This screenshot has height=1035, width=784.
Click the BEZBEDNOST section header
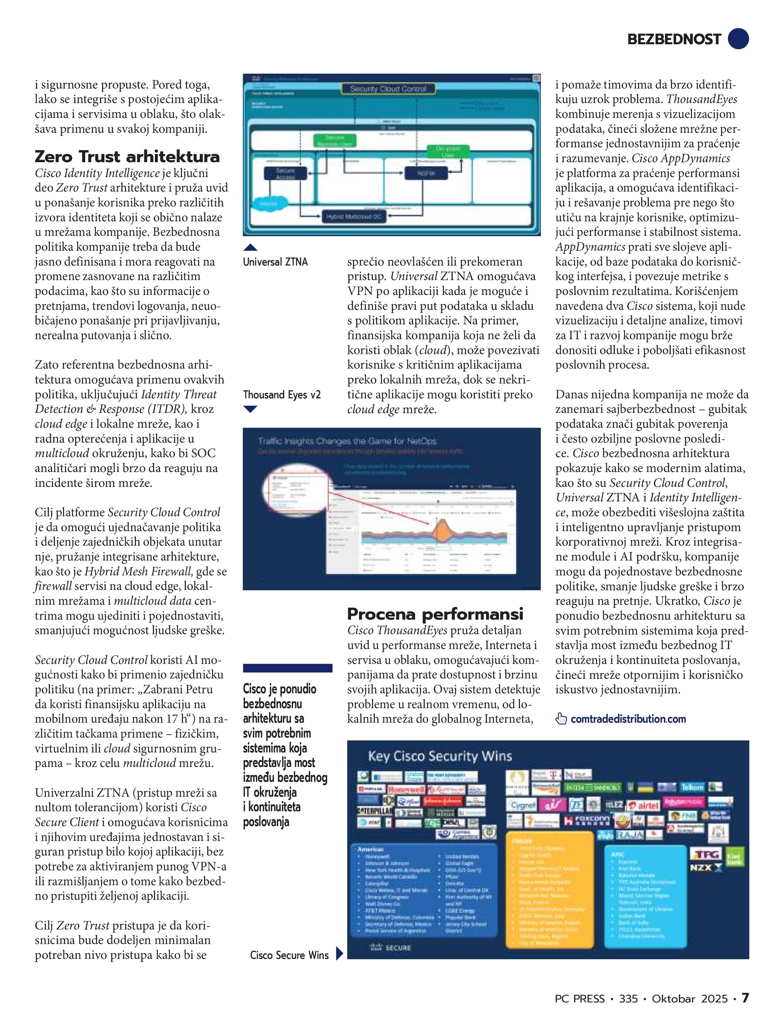coord(674,39)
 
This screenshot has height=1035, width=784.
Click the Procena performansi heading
coord(435,613)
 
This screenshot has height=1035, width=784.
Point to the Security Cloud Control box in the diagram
coord(388,89)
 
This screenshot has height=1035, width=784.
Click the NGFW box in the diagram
coord(426,173)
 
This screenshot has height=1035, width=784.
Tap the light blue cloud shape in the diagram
coord(269,204)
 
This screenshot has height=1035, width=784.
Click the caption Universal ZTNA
coord(275,262)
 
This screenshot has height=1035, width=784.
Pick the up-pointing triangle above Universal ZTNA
coord(251,248)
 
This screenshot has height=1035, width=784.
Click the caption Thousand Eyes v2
coord(282,394)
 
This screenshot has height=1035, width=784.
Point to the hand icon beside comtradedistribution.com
coord(561,719)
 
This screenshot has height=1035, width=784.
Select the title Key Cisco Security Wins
coord(440,756)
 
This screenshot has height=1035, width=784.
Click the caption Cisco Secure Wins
coord(289,955)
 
